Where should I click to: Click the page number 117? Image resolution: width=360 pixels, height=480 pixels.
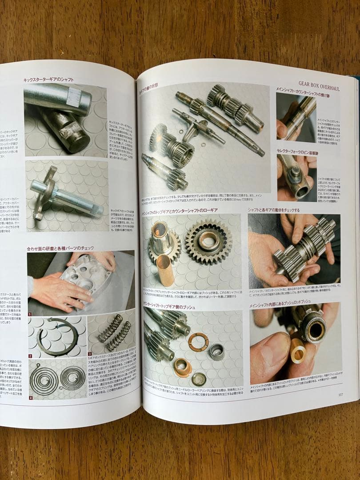(340, 394)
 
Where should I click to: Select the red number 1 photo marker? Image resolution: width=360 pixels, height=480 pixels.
(30, 314)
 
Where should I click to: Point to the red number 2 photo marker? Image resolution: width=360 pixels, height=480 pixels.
(30, 356)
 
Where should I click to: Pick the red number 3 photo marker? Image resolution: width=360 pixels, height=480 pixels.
(89, 354)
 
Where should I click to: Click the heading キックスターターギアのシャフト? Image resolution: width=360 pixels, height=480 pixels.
(48, 80)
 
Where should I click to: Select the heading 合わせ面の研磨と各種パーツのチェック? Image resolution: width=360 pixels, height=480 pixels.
(60, 248)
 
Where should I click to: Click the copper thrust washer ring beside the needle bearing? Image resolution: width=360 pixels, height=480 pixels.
(198, 342)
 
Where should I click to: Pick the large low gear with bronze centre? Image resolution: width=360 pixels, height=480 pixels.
(208, 241)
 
